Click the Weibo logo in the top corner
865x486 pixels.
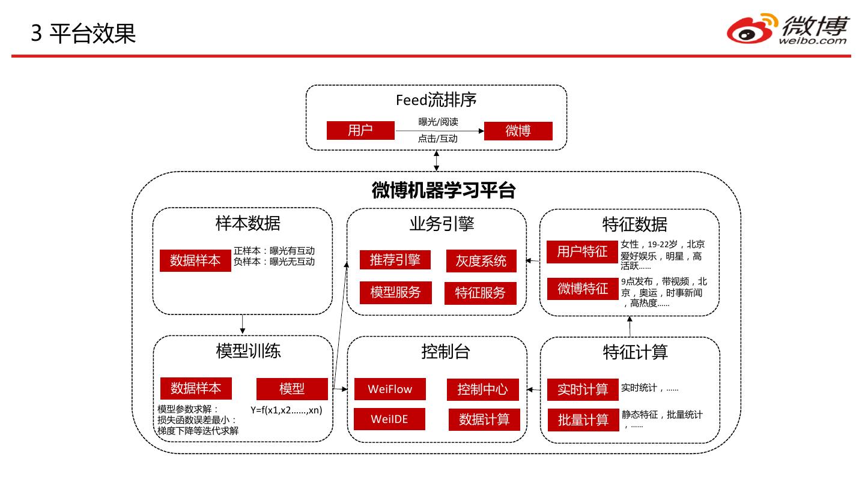tap(788, 29)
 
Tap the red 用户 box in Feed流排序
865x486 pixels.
tap(360, 130)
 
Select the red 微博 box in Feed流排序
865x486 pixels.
tap(518, 131)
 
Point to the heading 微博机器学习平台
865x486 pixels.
tap(443, 190)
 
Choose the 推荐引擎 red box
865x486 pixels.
tap(395, 260)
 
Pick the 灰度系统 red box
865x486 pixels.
tap(481, 261)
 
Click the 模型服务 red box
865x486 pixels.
tap(395, 292)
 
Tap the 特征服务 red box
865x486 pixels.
tap(481, 293)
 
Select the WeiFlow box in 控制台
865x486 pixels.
tap(390, 389)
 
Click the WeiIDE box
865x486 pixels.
tap(389, 419)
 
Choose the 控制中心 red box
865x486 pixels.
tap(482, 389)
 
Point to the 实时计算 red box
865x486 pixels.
tap(583, 389)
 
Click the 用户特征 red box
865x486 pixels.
tap(582, 251)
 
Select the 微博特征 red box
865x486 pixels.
tap(583, 289)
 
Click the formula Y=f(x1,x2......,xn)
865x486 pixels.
tap(287, 410)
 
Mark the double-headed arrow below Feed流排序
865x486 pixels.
tap(437, 161)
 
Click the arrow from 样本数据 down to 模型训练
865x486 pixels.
tap(242, 324)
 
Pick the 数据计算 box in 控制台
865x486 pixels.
tap(484, 419)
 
